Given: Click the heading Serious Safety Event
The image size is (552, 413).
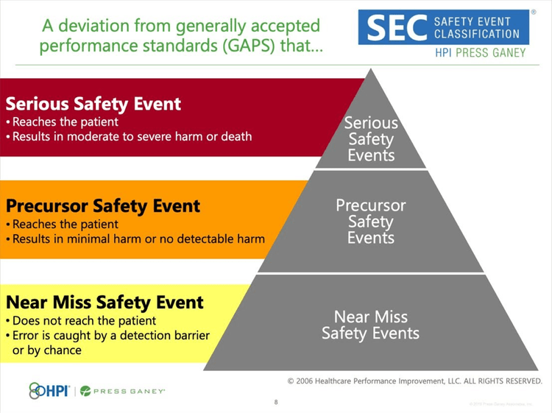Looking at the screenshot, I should (93, 104).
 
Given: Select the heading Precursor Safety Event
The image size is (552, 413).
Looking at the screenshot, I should (103, 205).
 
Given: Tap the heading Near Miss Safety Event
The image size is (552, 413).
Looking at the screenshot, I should (105, 302).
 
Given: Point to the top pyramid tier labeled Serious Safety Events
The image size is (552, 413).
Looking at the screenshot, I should (371, 138).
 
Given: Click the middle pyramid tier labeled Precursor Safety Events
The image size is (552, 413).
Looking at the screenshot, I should (371, 221).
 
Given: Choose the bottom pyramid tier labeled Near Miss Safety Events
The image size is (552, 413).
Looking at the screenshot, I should (371, 325).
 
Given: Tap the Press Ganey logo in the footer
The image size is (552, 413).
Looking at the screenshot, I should (122, 391).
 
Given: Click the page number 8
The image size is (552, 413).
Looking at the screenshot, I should (276, 403).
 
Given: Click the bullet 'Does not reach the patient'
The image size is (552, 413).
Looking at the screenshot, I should (83, 321).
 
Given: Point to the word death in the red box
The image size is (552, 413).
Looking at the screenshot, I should (236, 136).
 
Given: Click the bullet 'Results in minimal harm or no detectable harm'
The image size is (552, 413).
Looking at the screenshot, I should (137, 239).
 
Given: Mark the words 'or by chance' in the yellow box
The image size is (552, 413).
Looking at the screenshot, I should (47, 350).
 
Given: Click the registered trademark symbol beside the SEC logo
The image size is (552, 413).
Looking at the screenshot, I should (533, 13).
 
